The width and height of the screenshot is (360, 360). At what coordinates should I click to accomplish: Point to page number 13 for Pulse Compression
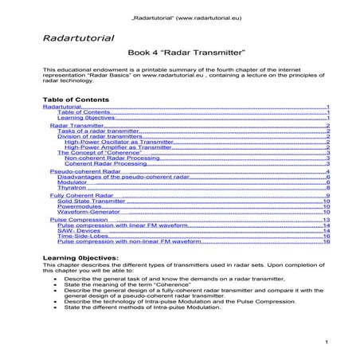point(327,220)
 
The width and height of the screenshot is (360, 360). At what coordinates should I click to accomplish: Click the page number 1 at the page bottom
point(327,342)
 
